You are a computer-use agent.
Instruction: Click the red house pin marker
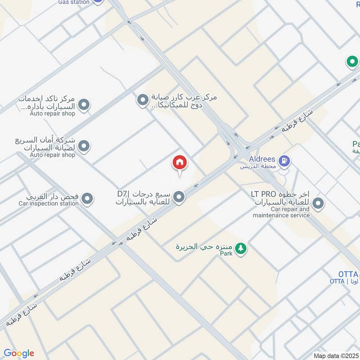tap(180, 162)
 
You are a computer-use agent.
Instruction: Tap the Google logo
tap(19, 353)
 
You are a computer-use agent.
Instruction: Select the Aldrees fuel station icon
tap(284, 160)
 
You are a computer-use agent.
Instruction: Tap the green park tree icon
tap(241, 248)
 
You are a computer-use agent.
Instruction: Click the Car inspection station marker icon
tap(87, 198)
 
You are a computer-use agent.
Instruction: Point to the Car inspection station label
tap(49, 204)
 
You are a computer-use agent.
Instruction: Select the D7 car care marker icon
tap(179, 197)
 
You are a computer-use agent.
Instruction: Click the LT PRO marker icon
tap(319, 204)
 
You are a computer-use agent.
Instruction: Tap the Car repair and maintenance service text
tap(281, 212)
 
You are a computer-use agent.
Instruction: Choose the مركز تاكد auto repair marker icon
tap(83, 106)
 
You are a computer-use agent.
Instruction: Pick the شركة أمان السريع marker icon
tap(83, 146)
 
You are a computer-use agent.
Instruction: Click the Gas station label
tap(74, 2)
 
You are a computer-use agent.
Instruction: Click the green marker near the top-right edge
tap(351, 62)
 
